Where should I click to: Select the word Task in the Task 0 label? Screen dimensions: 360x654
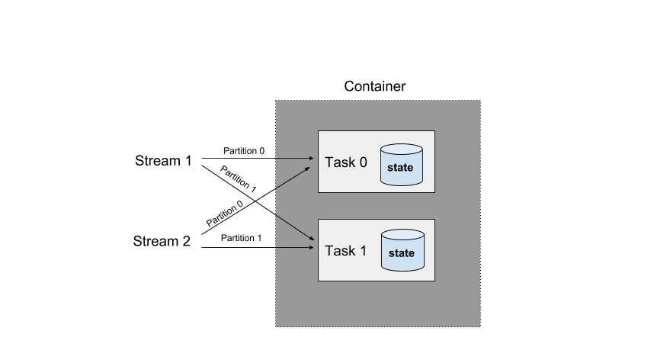(x=339, y=162)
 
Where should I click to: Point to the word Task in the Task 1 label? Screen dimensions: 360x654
(x=339, y=251)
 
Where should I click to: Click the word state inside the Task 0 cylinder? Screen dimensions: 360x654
(x=401, y=167)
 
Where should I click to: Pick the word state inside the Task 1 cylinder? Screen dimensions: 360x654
(x=401, y=253)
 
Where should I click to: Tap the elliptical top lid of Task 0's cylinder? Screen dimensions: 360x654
(x=402, y=149)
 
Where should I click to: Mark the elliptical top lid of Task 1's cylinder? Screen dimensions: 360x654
(x=402, y=235)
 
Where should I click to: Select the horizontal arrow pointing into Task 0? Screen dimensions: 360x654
(x=293, y=159)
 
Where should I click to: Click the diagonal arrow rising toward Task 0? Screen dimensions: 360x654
(x=293, y=176)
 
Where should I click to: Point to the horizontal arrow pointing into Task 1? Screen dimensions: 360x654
(x=293, y=248)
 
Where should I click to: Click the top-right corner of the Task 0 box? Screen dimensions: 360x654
(x=434, y=131)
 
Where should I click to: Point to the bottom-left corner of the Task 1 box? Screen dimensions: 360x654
(x=318, y=281)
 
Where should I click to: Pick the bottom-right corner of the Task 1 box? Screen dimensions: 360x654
(x=434, y=281)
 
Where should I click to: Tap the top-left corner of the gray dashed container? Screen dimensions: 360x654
(x=276, y=101)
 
